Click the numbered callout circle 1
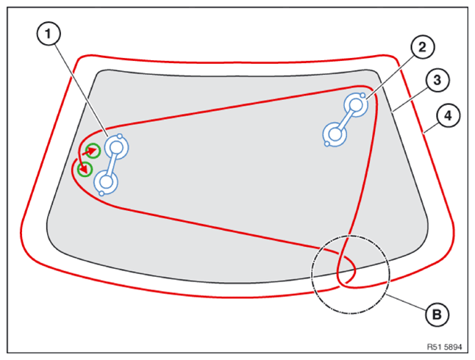coord(49,34)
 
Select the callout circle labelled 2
coord(423,47)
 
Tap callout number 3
coord(438,80)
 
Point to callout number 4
coord(448,115)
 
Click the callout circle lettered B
coord(438,314)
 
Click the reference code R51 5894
coord(444,347)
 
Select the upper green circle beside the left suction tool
coord(93,151)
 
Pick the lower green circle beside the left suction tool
coord(85,169)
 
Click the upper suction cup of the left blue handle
coord(117,148)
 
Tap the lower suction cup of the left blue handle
coord(106,182)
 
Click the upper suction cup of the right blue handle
coord(356,105)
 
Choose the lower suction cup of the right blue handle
coord(335,134)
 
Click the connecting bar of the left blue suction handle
coord(112,165)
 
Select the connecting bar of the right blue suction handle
coord(346,120)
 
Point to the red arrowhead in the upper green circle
coord(93,150)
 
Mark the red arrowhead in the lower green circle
coord(85,170)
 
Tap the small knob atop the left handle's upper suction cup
coord(120,136)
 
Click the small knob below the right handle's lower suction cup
coord(327,144)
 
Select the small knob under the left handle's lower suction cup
coord(101,193)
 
